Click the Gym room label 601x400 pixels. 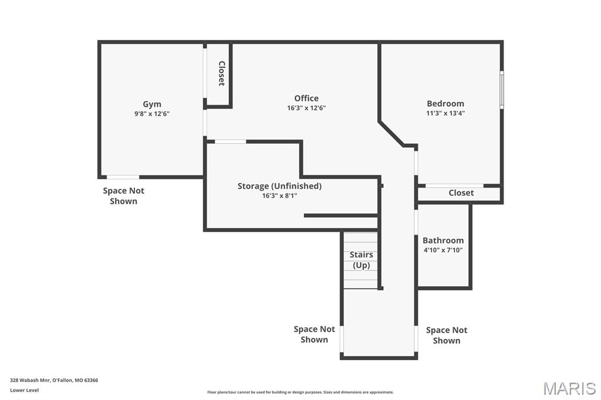(x=152, y=104)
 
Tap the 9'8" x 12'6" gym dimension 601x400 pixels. (x=152, y=114)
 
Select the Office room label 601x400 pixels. (x=306, y=99)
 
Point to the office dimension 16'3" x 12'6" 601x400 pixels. (x=306, y=108)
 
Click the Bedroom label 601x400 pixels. (x=445, y=104)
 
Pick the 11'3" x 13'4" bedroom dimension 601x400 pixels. (x=445, y=113)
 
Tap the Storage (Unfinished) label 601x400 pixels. (x=279, y=186)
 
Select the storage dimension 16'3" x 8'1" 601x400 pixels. (x=279, y=196)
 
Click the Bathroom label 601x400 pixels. (x=443, y=240)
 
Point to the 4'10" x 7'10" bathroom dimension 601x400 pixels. (x=443, y=250)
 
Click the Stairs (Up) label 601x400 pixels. (x=361, y=260)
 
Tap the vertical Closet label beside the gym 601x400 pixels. (x=222, y=74)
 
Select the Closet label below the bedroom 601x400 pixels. (x=461, y=193)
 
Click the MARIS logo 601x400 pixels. (x=569, y=388)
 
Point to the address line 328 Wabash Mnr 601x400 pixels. (x=54, y=380)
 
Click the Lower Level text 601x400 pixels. (x=25, y=390)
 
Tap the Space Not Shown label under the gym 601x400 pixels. (x=123, y=196)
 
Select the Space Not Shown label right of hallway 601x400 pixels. (x=447, y=335)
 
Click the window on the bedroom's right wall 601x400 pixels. (x=501, y=90)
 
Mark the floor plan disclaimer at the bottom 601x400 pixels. (x=300, y=392)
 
